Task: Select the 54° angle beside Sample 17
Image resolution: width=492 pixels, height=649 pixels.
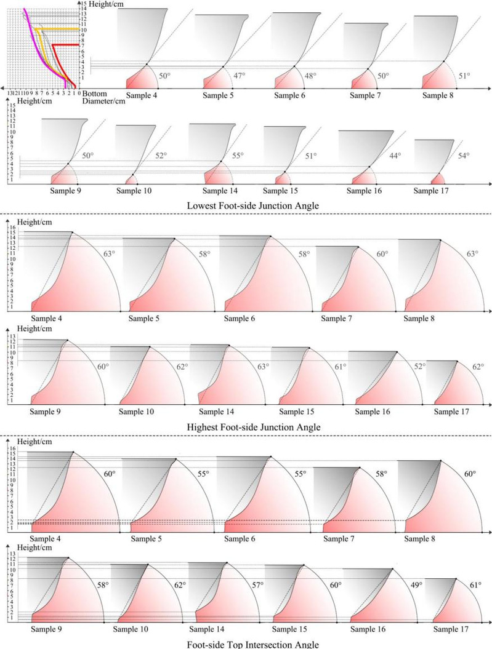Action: click(x=462, y=156)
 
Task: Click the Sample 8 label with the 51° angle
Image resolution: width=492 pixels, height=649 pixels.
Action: click(x=440, y=95)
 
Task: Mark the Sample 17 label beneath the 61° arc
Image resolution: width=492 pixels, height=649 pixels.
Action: click(x=451, y=629)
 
